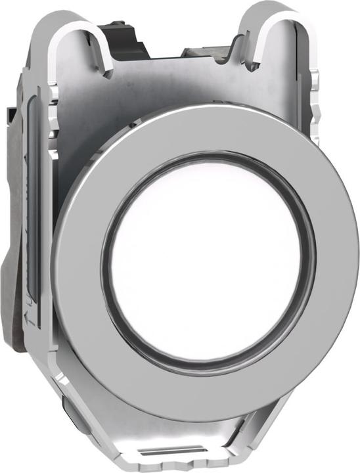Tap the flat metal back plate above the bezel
coord(177,85)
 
